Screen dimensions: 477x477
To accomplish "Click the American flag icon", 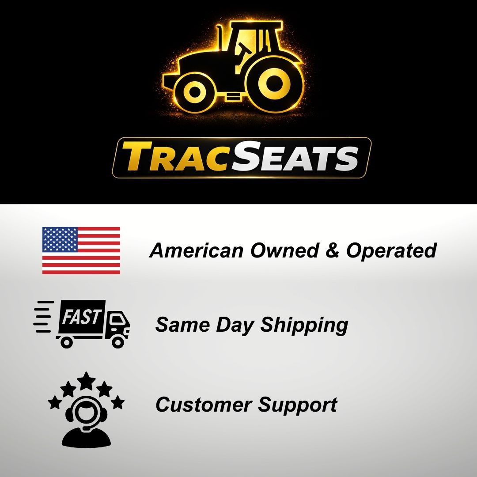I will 81,250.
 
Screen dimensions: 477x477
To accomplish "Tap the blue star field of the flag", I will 60,239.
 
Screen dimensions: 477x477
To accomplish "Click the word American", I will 197,250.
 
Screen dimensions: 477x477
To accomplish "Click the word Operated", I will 391,250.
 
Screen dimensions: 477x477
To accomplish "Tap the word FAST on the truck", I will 81,317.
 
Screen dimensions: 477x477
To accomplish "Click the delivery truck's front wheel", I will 118,341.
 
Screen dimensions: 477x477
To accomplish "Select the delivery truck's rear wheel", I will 66,341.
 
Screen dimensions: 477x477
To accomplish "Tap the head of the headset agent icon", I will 86,413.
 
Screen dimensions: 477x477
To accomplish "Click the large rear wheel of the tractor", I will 275,82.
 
